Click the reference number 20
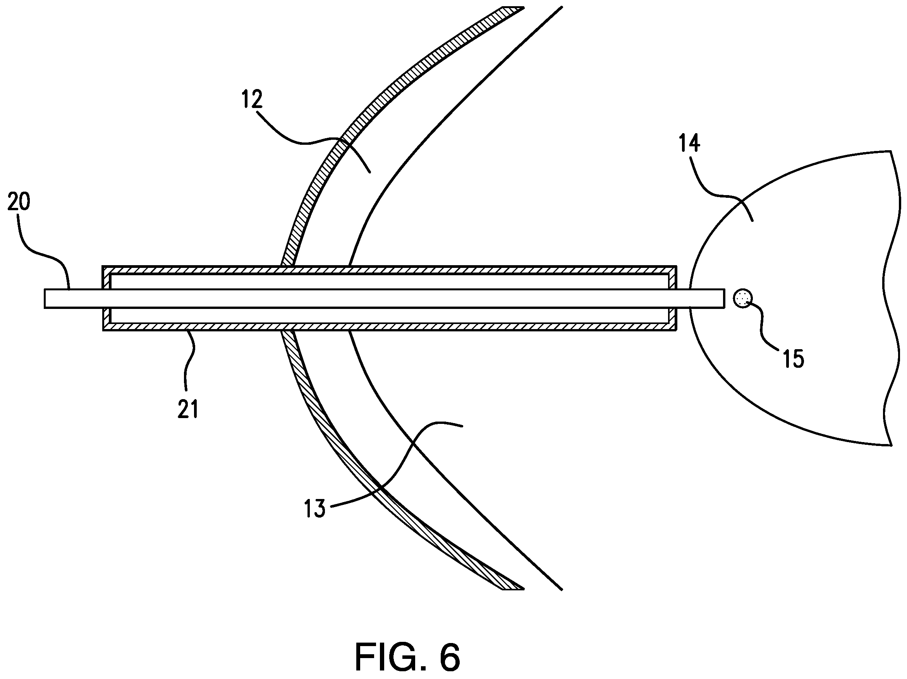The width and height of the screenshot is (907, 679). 19,202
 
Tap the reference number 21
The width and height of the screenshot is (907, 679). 188,409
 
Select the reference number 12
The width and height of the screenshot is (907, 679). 252,99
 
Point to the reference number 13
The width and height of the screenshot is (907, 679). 314,509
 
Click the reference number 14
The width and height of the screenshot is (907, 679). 689,143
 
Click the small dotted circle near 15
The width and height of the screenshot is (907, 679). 742,298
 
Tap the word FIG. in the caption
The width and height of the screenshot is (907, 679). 389,657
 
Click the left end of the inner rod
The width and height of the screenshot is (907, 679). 45,298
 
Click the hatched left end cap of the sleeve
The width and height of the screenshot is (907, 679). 107,298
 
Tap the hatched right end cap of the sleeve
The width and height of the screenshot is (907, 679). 672,298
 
